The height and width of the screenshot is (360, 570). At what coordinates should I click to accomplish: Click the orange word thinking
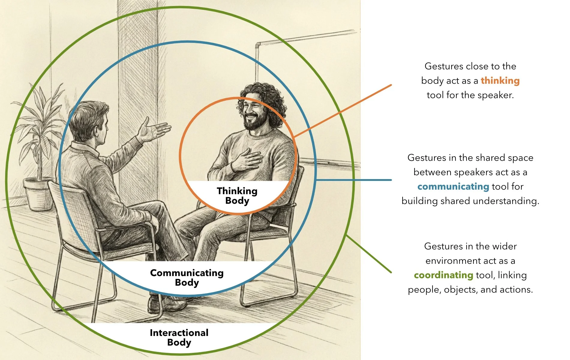point(500,81)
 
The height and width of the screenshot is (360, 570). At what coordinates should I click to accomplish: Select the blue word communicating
point(453,187)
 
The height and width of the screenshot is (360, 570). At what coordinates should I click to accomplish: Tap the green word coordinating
point(443,275)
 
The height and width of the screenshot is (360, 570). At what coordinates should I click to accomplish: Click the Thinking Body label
point(237,196)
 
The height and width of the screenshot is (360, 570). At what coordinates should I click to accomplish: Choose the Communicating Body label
point(187,277)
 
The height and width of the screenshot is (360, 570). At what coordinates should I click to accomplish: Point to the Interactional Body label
point(179,337)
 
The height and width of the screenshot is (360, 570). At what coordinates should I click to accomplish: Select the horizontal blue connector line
point(354,180)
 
